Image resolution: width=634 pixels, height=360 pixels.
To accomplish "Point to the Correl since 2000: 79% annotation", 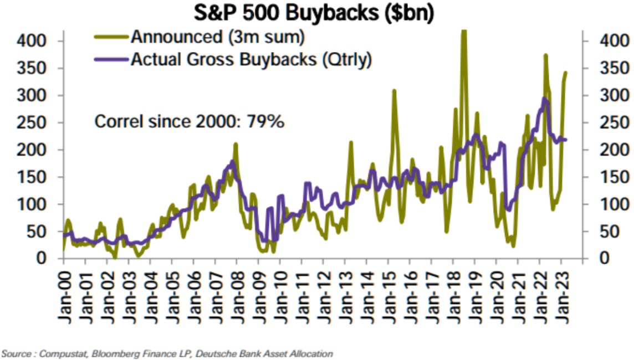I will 190,121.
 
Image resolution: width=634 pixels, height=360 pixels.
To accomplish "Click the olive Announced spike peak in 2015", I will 394,90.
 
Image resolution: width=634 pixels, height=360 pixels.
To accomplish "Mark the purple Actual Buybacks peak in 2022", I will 544,99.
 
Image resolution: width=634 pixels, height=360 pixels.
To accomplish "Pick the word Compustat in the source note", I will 58,353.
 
